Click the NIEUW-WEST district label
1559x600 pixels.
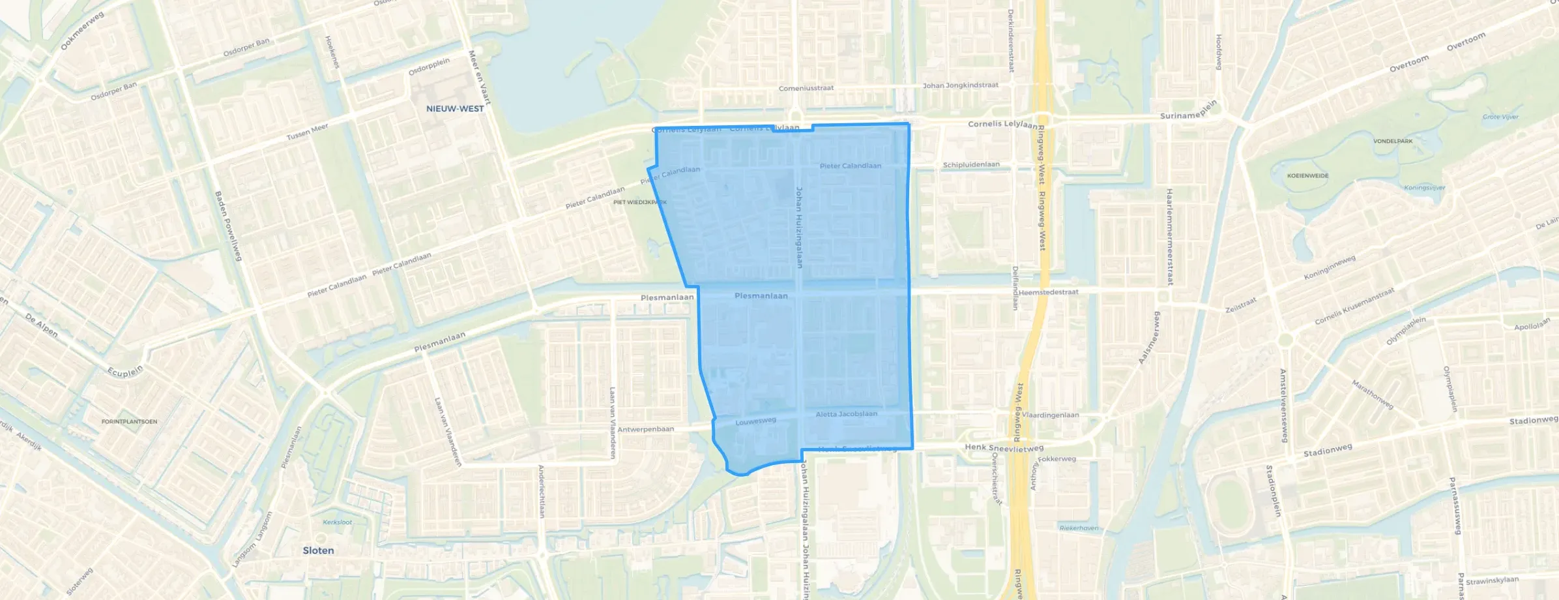click(455, 109)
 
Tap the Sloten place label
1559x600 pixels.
click(318, 550)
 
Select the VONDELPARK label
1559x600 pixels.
click(1393, 142)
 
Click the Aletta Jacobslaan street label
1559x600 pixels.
click(846, 414)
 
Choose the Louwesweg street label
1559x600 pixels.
click(755, 422)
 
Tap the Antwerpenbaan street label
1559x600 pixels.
click(645, 430)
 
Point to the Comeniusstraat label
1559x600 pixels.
click(806, 89)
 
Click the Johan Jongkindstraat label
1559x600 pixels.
click(961, 85)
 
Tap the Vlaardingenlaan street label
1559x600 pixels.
click(1051, 415)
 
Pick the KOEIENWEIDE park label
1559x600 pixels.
click(1307, 176)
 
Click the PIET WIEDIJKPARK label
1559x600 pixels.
click(639, 203)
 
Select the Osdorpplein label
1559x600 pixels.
click(429, 67)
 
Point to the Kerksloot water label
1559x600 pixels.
click(337, 522)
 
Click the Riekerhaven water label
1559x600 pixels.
click(1079, 528)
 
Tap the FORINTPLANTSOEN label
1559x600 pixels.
click(129, 422)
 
